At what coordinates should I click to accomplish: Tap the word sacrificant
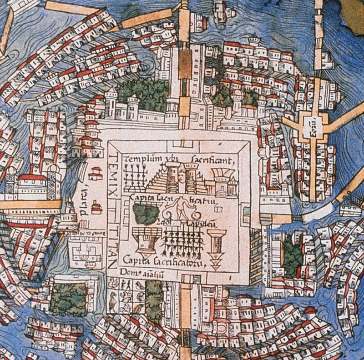coord(213,160)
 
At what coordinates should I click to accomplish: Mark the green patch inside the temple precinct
coord(146,212)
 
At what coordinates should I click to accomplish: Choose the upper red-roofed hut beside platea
coord(96,173)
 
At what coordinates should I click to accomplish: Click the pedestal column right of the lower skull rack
coord(215,245)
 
